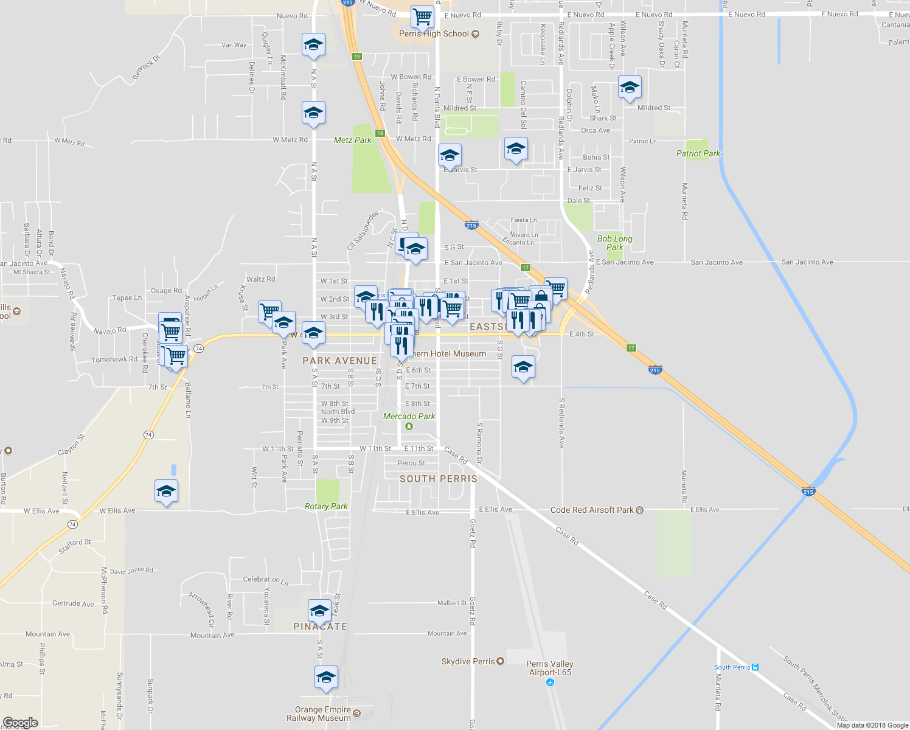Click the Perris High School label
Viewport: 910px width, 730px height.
tap(434, 34)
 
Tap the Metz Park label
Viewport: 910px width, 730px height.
tap(352, 140)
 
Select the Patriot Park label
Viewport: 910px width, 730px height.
tap(698, 153)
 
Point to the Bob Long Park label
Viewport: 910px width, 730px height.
tap(614, 243)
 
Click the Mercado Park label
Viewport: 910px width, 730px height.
tap(409, 417)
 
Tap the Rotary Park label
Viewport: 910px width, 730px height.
tap(326, 506)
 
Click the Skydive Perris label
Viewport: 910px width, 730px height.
tap(468, 661)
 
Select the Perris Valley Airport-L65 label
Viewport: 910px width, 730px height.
tap(549, 668)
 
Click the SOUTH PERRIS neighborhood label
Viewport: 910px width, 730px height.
tap(438, 479)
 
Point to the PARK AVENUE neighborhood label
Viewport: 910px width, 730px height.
tap(339, 361)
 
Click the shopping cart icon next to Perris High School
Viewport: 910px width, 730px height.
tap(422, 16)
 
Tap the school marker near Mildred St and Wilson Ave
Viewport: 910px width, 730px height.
tap(630, 87)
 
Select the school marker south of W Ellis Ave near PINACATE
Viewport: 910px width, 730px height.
tap(319, 610)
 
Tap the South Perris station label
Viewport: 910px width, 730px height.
tap(732, 667)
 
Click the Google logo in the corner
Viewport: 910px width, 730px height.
tap(20, 723)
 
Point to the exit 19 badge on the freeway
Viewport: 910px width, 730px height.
tap(356, 57)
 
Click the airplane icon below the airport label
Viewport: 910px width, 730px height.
tap(550, 683)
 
